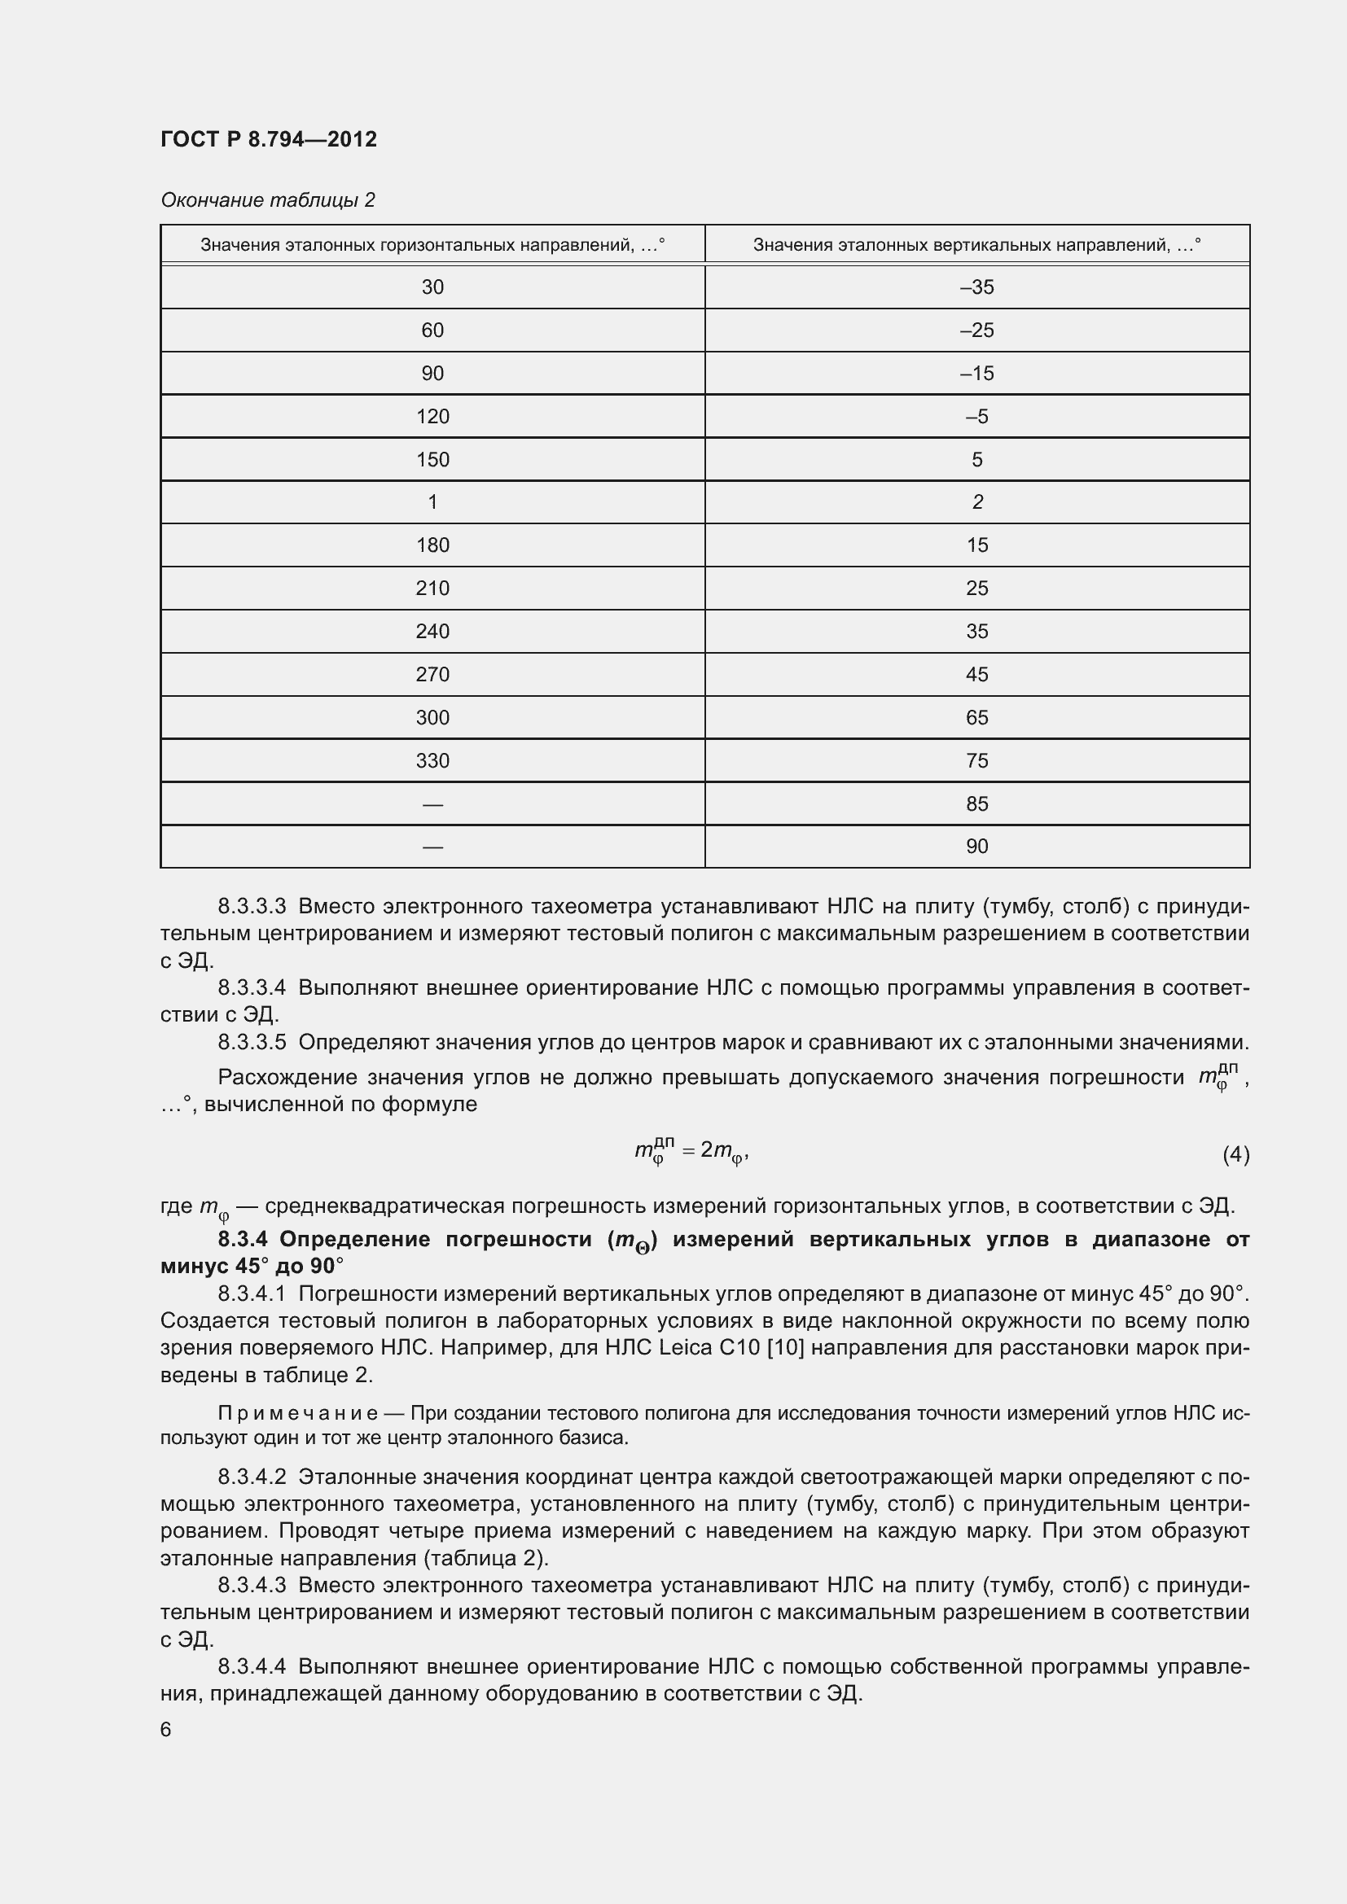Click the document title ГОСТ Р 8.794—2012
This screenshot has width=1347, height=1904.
[268, 139]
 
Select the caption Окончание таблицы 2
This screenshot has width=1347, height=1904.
[267, 200]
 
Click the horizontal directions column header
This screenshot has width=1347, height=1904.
[432, 245]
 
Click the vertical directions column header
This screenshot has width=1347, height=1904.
[976, 245]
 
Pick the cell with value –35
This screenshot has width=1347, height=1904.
[976, 287]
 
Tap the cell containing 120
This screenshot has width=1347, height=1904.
[432, 416]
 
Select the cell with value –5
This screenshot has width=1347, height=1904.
[976, 416]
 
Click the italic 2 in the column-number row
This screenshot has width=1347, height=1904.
[977, 501]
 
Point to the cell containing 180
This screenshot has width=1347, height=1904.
[432, 545]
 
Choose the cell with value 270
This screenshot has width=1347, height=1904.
[432, 674]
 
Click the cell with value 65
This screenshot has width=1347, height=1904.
[976, 717]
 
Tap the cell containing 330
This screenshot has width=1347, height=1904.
[432, 760]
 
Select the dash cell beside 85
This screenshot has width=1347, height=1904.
[432, 803]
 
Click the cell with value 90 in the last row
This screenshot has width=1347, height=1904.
[976, 846]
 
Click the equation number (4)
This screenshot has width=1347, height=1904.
[1235, 1153]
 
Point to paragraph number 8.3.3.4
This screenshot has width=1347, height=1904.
[252, 987]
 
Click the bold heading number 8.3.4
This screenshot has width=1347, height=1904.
[242, 1240]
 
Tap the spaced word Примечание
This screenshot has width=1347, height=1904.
[298, 1413]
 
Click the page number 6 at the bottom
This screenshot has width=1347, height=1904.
[166, 1729]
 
